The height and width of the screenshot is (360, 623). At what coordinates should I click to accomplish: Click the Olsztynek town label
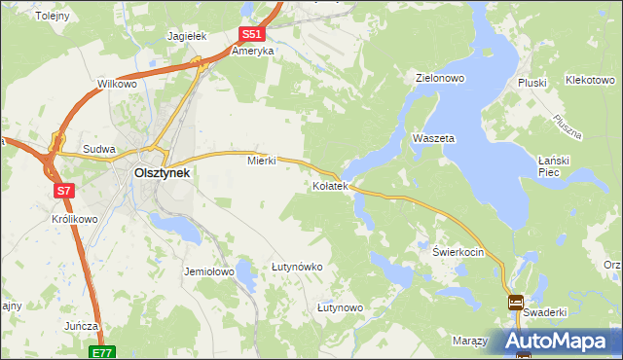click(162, 173)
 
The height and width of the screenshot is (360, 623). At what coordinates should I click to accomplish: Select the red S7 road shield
click(64, 191)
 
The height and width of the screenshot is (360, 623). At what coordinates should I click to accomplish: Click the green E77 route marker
click(104, 352)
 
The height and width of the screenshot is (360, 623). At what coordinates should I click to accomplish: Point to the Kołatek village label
click(330, 185)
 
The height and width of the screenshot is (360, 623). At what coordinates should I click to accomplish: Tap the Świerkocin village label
click(458, 251)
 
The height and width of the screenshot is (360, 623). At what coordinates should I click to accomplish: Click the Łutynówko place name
click(297, 267)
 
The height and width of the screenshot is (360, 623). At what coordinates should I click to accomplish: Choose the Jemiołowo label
click(209, 272)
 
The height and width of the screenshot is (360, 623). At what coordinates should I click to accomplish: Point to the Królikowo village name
click(74, 220)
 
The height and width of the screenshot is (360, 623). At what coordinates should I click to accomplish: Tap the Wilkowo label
click(117, 85)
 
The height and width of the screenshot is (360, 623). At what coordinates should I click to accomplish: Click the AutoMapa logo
click(561, 341)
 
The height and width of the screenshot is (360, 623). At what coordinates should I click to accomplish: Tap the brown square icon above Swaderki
click(515, 303)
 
